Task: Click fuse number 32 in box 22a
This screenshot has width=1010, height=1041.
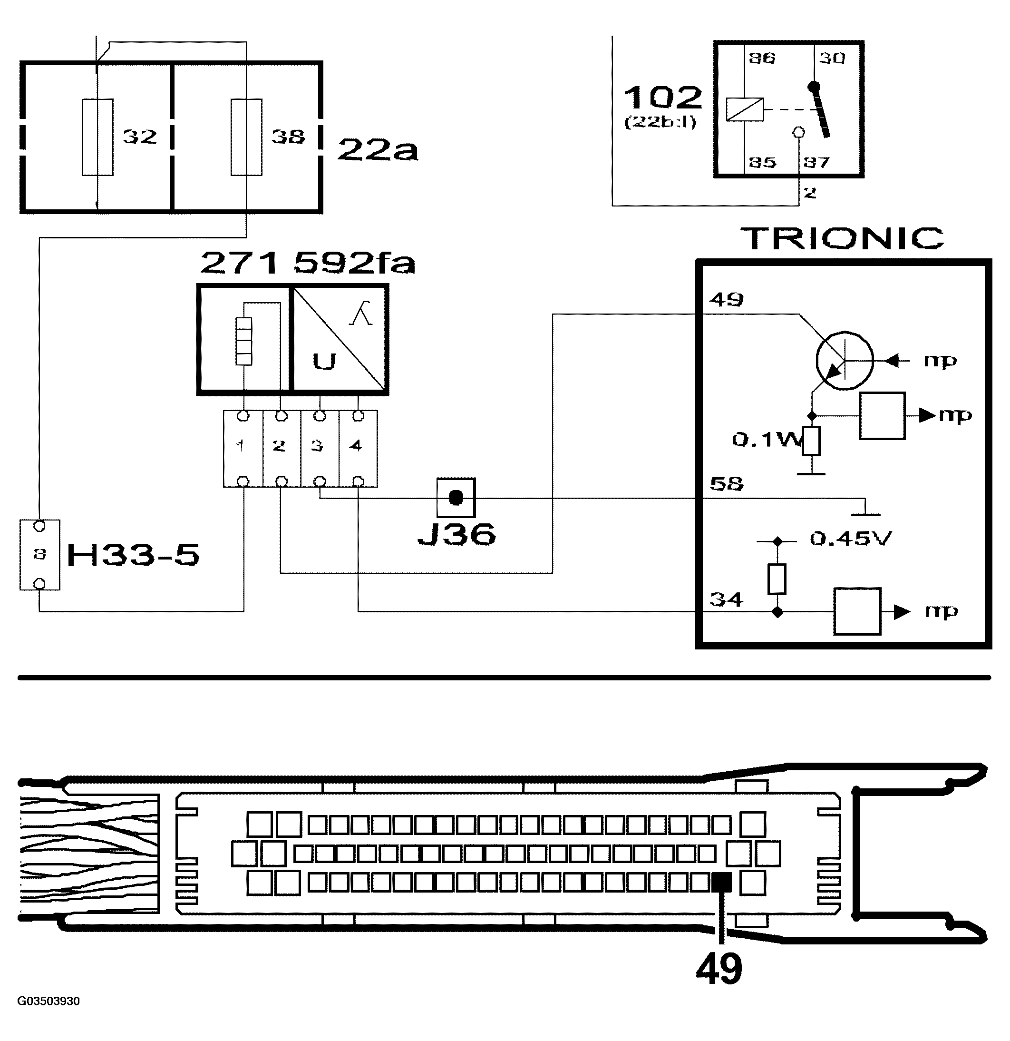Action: pyautogui.click(x=97, y=137)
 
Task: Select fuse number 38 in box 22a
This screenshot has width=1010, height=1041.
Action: pyautogui.click(x=246, y=137)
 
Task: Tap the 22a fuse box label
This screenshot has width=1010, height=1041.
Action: pyautogui.click(x=378, y=150)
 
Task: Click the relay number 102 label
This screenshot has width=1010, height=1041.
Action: pyautogui.click(x=662, y=98)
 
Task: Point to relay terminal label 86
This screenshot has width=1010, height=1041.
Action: pyautogui.click(x=762, y=58)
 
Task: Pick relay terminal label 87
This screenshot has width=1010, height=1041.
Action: pyautogui.click(x=816, y=162)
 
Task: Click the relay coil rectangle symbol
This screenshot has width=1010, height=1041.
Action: pyautogui.click(x=745, y=109)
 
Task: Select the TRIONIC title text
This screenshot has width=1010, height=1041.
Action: pyautogui.click(x=842, y=238)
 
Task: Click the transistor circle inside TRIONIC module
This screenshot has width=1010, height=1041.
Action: pyautogui.click(x=844, y=360)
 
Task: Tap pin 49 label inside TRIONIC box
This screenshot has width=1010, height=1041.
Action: pyautogui.click(x=727, y=300)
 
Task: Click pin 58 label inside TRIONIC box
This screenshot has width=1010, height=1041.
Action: pyautogui.click(x=727, y=484)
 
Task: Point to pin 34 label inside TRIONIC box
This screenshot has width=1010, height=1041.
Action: pyautogui.click(x=727, y=599)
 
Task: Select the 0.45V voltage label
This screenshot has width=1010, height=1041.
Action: pyautogui.click(x=851, y=539)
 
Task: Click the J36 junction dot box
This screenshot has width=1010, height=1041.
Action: pyautogui.click(x=456, y=498)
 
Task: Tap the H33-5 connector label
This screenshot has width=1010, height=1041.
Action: pyautogui.click(x=133, y=556)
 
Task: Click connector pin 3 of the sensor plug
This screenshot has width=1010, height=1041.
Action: pyautogui.click(x=319, y=446)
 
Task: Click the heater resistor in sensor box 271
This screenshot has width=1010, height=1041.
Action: pyautogui.click(x=243, y=341)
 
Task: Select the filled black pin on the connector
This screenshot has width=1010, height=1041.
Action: pyautogui.click(x=721, y=883)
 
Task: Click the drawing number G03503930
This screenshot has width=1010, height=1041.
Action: pyautogui.click(x=49, y=1001)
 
